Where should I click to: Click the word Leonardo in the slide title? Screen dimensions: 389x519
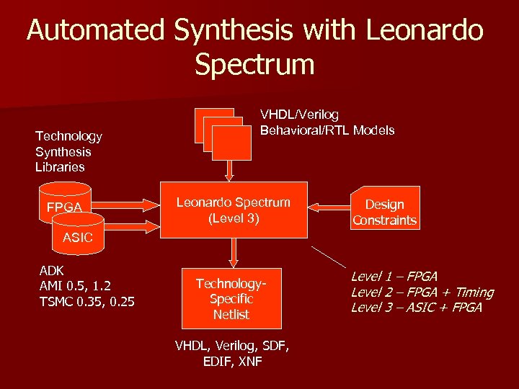425,30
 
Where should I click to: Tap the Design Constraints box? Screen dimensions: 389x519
384,213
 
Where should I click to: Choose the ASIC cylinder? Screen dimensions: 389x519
78,234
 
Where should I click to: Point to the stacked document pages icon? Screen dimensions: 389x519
223,134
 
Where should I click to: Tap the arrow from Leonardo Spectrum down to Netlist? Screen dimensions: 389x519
233,251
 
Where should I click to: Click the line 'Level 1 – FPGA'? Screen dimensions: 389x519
394,277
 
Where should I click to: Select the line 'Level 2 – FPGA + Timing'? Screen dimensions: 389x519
422,292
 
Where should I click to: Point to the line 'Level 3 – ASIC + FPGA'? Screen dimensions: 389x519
416,308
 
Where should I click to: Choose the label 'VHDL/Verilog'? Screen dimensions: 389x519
299,115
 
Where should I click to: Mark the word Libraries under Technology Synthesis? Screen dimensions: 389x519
60,167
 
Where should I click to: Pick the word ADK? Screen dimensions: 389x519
51,270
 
